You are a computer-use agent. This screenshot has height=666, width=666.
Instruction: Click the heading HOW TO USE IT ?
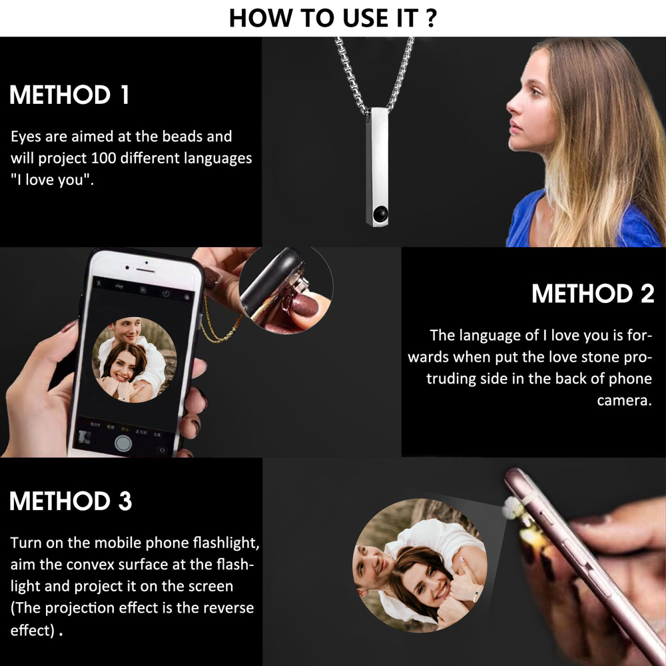[333, 18]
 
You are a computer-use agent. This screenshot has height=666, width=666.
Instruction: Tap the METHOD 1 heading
[69, 95]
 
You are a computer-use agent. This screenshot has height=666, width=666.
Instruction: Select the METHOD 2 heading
[593, 294]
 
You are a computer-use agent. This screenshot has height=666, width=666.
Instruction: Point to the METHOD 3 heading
[71, 501]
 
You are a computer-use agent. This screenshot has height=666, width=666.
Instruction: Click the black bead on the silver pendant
[380, 214]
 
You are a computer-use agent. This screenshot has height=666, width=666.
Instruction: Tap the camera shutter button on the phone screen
[123, 444]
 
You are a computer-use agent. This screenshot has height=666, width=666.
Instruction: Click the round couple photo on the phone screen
[135, 360]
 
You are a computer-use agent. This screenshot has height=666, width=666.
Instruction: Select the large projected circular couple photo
[420, 565]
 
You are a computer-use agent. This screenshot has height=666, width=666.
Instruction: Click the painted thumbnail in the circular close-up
[304, 305]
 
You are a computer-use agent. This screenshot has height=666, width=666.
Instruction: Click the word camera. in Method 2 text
[624, 400]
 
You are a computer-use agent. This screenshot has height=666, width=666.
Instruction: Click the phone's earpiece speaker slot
[145, 270]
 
